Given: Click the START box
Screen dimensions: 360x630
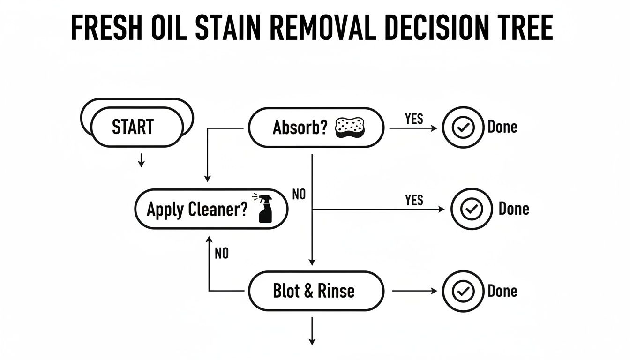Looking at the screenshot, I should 136,127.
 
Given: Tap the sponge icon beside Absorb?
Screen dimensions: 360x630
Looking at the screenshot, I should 350,127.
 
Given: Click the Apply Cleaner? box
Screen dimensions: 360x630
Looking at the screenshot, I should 210,209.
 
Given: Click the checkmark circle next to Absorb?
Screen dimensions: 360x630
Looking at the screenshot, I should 463,127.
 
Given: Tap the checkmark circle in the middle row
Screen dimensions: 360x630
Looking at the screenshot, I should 471,209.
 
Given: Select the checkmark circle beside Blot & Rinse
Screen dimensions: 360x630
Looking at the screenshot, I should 463,291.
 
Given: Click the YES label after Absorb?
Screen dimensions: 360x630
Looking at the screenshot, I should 414,119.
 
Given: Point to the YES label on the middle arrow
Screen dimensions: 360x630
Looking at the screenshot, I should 414,201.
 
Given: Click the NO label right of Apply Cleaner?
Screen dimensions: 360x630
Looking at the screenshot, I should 299,194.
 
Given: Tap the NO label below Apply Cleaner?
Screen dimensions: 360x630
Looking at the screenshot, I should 222,254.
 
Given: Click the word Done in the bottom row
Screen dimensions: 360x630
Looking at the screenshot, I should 502,291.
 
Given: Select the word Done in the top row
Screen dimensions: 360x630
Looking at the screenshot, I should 502,127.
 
